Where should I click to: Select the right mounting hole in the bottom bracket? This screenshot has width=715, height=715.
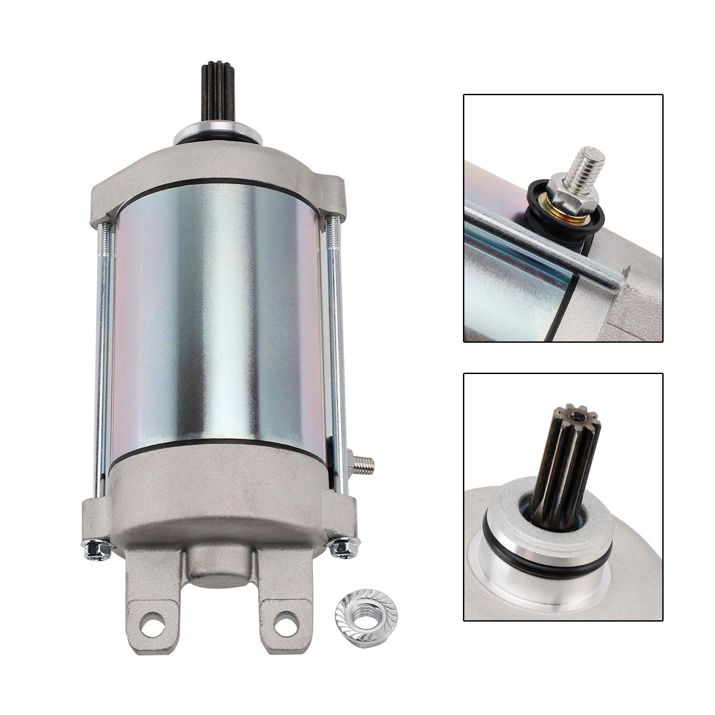283,620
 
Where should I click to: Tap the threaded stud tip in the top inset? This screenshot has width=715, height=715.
586,163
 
